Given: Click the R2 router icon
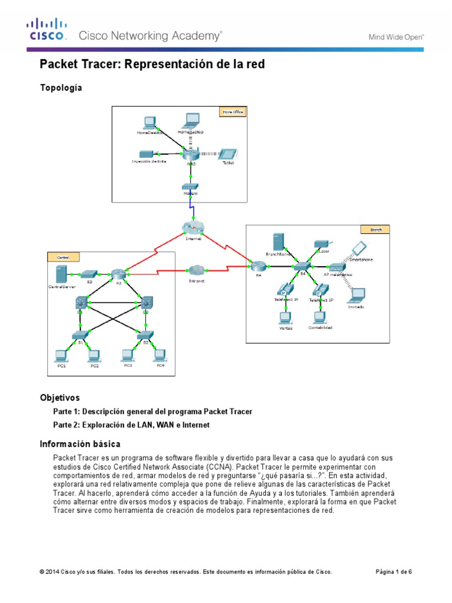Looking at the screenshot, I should pos(117,274).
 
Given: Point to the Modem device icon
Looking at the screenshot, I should pos(190,187).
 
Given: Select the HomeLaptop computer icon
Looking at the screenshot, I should pos(190,121).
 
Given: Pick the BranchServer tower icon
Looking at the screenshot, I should pos(278,241).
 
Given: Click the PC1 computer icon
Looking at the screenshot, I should pos(59,355).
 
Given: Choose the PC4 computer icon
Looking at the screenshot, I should pos(158,355).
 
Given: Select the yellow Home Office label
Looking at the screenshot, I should pos(232,111).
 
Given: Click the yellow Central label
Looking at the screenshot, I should pos(62,257).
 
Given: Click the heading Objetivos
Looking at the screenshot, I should pos(59,397).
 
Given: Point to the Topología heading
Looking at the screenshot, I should pos(61,88).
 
